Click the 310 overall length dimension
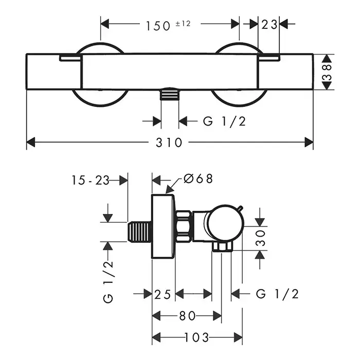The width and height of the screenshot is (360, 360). click(170, 142)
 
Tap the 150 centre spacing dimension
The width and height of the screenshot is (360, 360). click(157, 24)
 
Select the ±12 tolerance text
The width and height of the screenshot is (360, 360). click(183, 23)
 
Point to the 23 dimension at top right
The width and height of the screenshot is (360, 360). click(268, 24)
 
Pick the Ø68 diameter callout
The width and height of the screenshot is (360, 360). click(197, 179)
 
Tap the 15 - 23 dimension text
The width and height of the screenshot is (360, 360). click(91, 180)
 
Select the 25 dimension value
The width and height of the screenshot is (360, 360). click(163, 294)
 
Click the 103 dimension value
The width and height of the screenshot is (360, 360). click(197, 337)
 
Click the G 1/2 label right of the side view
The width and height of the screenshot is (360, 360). click(277, 294)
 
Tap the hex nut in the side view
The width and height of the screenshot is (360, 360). click(184, 226)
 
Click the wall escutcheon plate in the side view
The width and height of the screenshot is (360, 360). click(164, 226)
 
